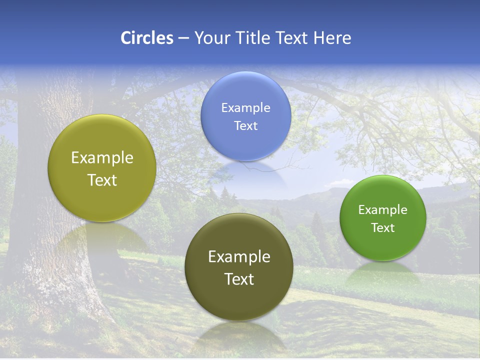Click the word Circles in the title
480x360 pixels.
point(147,38)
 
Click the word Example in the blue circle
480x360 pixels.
point(246,107)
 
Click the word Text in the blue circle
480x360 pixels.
point(246,125)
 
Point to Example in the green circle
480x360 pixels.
point(383,209)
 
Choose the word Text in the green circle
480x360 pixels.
point(383,227)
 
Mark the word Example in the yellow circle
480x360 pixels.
point(102,157)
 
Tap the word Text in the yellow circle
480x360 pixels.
point(102,180)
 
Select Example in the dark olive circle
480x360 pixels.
point(239,256)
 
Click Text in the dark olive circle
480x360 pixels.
point(239,279)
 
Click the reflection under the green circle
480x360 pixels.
point(383,272)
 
